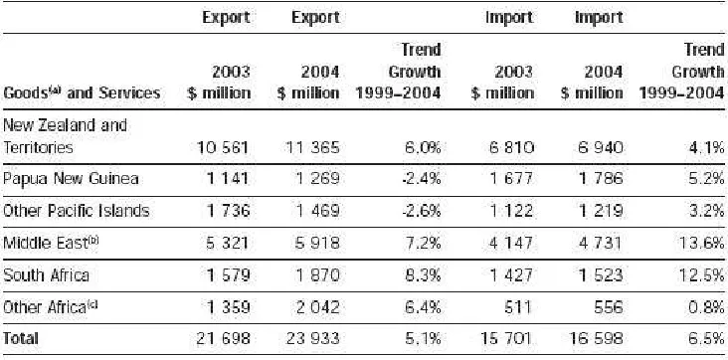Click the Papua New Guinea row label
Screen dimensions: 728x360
71,178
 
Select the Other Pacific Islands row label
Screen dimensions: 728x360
77,211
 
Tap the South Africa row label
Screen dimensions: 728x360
46,275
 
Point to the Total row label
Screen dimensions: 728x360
21,338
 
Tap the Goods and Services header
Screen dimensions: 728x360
82,92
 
